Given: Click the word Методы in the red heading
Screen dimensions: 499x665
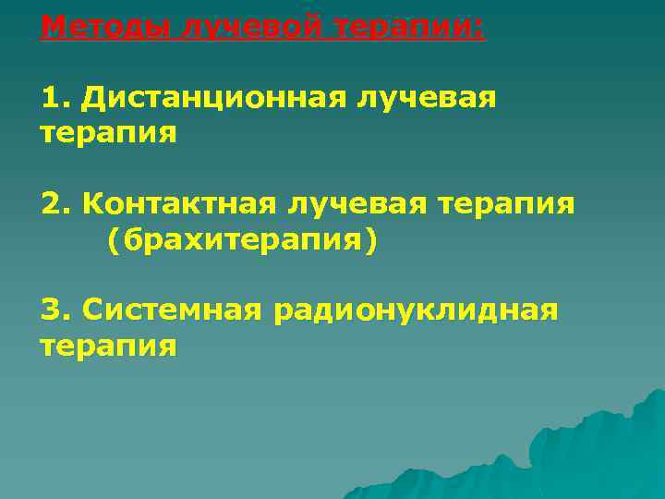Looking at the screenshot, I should point(103,26).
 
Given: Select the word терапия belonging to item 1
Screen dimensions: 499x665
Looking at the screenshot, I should point(109,134).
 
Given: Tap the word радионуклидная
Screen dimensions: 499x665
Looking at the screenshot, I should point(416,310).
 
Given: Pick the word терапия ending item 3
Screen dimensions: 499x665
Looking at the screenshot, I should point(109,347).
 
